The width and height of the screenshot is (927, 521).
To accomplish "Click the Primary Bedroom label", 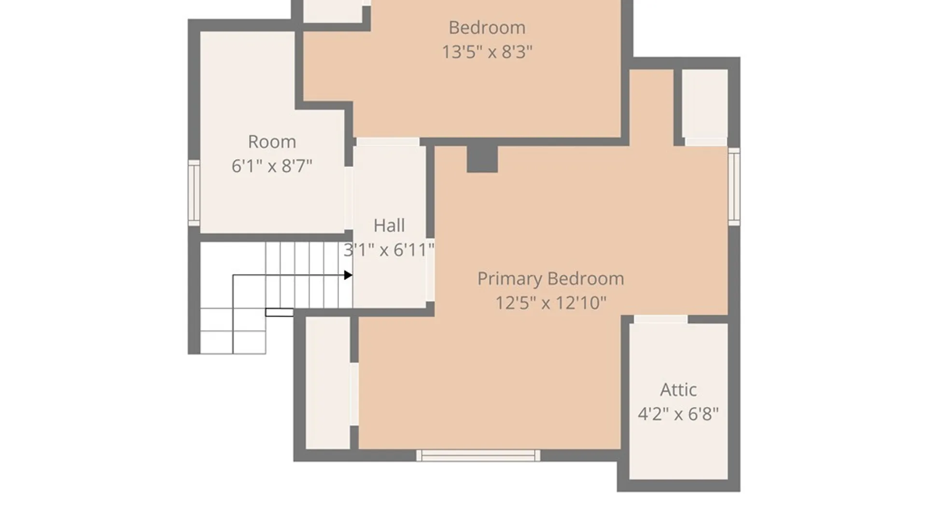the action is pyautogui.click(x=550, y=279).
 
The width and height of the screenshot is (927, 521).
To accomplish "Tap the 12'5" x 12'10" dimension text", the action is pyautogui.click(x=550, y=303).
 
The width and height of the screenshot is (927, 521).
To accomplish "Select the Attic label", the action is pyautogui.click(x=678, y=390).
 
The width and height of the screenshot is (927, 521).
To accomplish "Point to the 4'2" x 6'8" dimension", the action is pyautogui.click(x=678, y=414).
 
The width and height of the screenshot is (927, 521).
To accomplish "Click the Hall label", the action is pyautogui.click(x=389, y=225).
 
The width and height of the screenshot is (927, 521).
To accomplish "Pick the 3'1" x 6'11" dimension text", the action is pyautogui.click(x=389, y=250).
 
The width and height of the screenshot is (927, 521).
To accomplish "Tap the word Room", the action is pyautogui.click(x=272, y=142).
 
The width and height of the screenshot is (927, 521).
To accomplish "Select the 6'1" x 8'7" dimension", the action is pyautogui.click(x=272, y=166).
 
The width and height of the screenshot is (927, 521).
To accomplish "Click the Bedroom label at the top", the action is pyautogui.click(x=487, y=27).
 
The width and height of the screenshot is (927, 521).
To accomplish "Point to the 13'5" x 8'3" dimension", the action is pyautogui.click(x=487, y=52).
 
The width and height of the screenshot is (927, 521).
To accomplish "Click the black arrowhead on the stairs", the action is pyautogui.click(x=348, y=275).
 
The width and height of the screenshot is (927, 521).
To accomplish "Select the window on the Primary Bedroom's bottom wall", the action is pyautogui.click(x=478, y=455).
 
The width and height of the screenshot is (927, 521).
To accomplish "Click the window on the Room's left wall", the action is pyautogui.click(x=194, y=192).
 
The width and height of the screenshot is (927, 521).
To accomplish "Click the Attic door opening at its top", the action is pyautogui.click(x=660, y=319).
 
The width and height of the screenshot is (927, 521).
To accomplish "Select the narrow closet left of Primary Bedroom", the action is pyautogui.click(x=328, y=383).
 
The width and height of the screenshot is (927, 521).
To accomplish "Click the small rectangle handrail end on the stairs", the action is pyautogui.click(x=279, y=313).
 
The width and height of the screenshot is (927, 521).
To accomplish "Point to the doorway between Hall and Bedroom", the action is pyautogui.click(x=388, y=142).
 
